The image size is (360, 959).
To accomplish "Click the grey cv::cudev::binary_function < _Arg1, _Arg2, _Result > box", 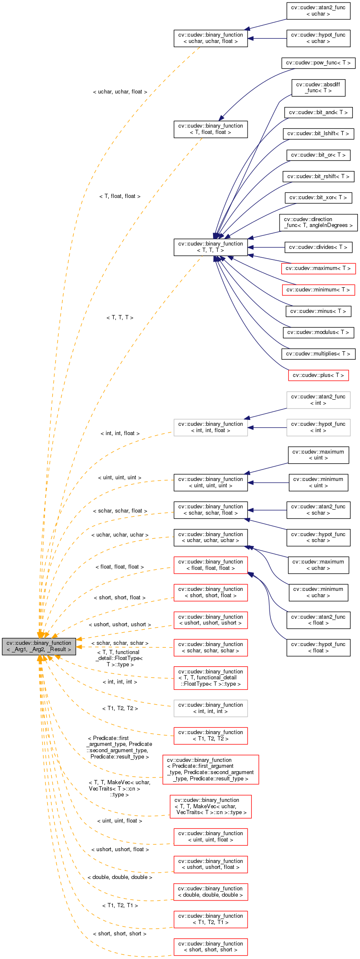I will (x=39, y=646).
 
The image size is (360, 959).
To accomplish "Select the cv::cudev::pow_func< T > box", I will (x=318, y=63).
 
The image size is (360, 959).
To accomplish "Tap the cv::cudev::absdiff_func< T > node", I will (x=318, y=88).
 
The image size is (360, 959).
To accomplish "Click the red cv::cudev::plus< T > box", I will (x=318, y=375).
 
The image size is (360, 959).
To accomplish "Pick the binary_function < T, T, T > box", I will (x=211, y=247).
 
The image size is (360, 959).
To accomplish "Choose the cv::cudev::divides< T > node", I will (x=318, y=247).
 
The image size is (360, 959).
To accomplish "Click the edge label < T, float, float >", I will (x=120, y=196).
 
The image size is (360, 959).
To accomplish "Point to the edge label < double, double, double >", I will (x=120, y=877).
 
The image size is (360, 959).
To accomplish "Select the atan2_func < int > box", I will (x=318, y=400).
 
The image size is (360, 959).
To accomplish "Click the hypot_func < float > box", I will (x=318, y=647).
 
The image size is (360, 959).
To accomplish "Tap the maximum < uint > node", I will (x=318, y=455).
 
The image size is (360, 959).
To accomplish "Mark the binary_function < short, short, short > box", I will (x=211, y=946).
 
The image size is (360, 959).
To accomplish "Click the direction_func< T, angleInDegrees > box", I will (x=318, y=222).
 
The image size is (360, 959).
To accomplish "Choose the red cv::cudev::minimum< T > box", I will (x=318, y=290).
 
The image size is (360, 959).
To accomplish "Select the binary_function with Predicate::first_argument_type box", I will (x=211, y=769).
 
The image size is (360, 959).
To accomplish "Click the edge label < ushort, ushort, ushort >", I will (x=120, y=625).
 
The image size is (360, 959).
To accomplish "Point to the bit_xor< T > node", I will (x=318, y=197).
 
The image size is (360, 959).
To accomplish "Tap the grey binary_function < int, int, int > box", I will (x=211, y=708).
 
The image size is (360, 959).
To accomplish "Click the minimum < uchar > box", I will (x=318, y=592).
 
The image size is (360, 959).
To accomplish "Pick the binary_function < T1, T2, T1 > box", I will (x=211, y=919).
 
